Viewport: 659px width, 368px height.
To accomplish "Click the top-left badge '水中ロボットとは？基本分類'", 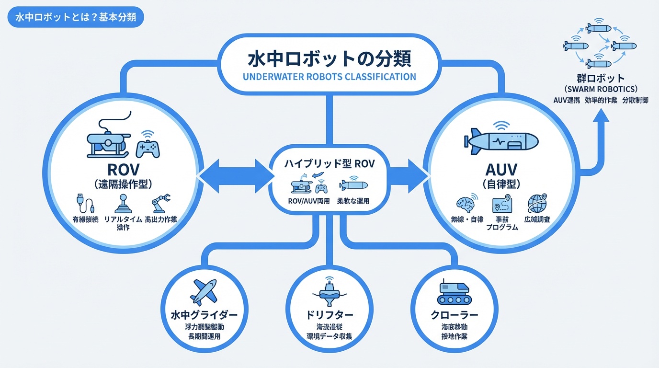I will point(76,17).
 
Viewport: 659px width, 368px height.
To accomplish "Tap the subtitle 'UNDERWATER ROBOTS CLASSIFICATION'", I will point(329,77).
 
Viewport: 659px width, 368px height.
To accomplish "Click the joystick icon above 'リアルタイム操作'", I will point(123,203).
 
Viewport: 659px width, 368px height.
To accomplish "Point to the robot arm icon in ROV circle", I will point(160,204).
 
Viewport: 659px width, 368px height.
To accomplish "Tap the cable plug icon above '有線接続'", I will point(85,203).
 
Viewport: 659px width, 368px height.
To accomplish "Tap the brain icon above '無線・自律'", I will point(464,203).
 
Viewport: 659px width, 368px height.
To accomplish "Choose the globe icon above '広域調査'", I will point(536,203).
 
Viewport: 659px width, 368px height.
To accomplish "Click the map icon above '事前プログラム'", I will point(502,205).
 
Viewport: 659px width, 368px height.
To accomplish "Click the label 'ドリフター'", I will point(329,315).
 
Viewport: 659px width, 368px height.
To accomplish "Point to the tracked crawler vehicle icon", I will point(454,291).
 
